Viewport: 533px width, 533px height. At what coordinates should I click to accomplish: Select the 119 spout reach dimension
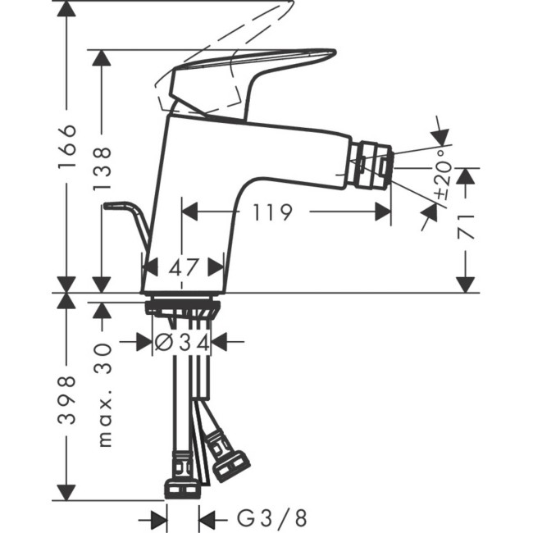[273, 212]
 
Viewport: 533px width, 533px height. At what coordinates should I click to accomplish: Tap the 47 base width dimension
[183, 266]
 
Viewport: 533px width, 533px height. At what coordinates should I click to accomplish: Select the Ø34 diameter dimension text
[183, 342]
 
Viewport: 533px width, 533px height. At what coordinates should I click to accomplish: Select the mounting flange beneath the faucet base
[182, 308]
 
